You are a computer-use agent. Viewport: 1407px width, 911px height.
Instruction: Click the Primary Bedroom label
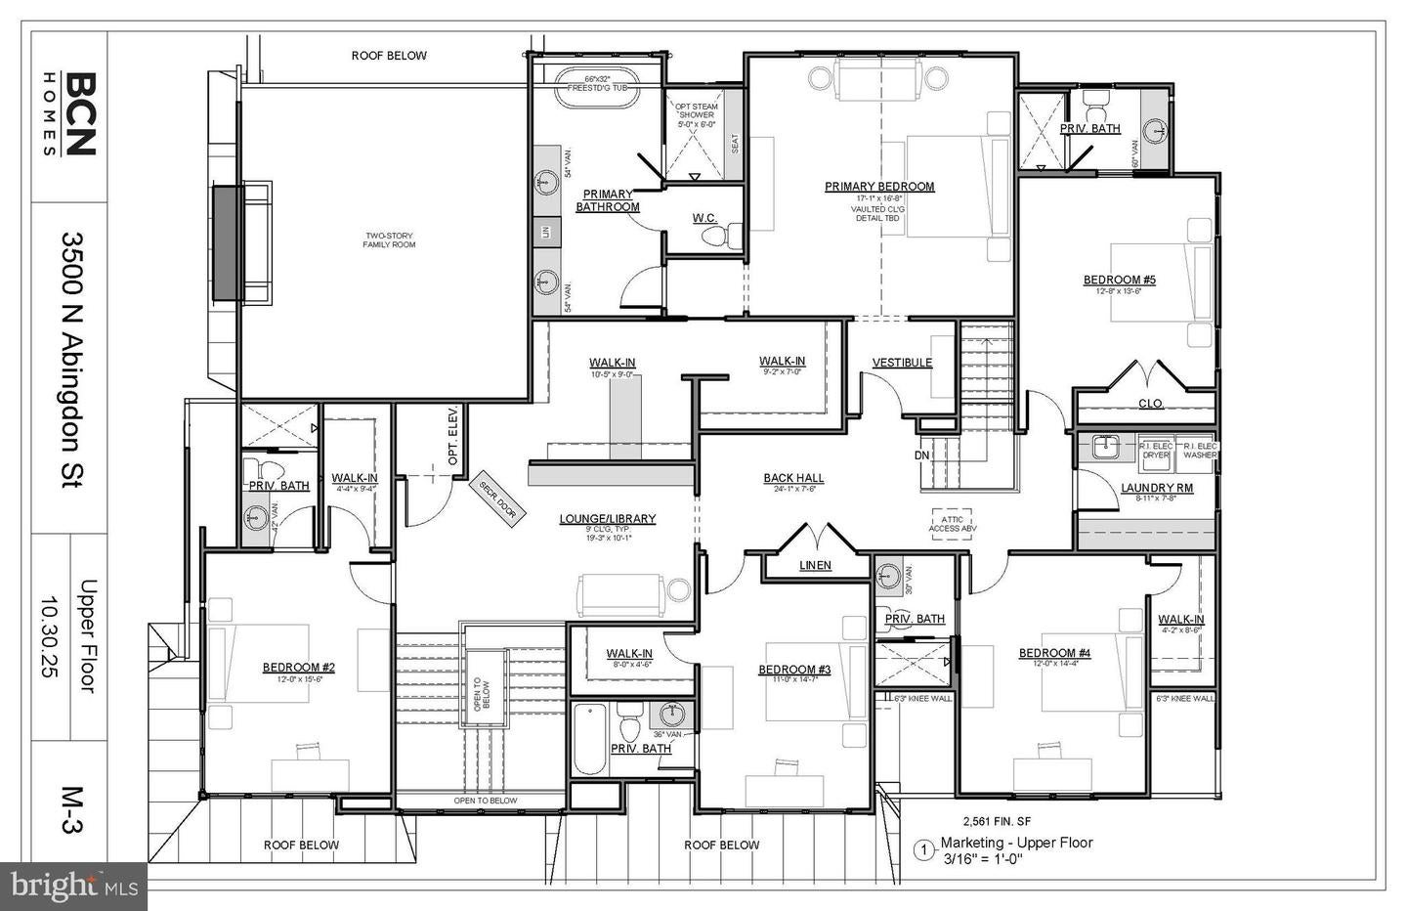coord(879,187)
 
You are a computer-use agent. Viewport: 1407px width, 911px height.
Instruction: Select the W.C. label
coord(704,218)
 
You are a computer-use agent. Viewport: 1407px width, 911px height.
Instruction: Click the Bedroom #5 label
coord(1119,281)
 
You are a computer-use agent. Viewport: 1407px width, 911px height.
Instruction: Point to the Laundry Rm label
coord(1156,488)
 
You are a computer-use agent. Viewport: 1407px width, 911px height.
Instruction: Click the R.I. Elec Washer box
coord(1199,450)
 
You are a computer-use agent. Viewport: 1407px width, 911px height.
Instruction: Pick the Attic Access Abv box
coord(953,522)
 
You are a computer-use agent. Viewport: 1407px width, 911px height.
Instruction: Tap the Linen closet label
coord(815,565)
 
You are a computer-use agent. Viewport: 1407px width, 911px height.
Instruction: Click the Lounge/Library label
coord(608,519)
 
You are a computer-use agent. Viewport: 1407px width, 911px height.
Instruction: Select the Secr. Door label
coord(497,500)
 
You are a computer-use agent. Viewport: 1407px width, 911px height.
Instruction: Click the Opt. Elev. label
coord(452,447)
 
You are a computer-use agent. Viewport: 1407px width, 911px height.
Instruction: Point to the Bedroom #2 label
coord(298,668)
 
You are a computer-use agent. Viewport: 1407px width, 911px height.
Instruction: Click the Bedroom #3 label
coord(794,670)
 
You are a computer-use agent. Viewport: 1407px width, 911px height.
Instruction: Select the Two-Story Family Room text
coord(390,239)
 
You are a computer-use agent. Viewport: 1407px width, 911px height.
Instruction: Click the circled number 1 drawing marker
coord(923,849)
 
